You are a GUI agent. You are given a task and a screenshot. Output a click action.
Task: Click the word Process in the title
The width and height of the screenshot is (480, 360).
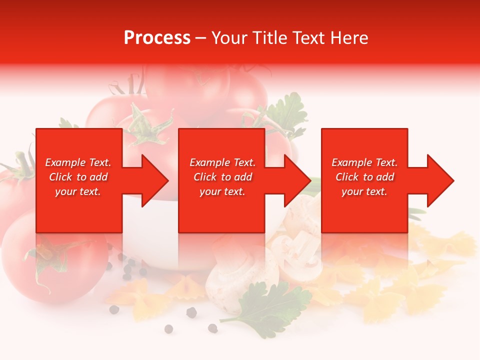(157, 38)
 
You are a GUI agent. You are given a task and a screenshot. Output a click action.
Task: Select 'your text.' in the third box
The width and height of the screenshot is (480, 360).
(364, 191)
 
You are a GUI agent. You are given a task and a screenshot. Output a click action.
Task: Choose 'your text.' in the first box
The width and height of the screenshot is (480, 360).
(78, 191)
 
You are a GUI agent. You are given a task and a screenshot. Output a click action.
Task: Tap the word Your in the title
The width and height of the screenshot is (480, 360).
(228, 38)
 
